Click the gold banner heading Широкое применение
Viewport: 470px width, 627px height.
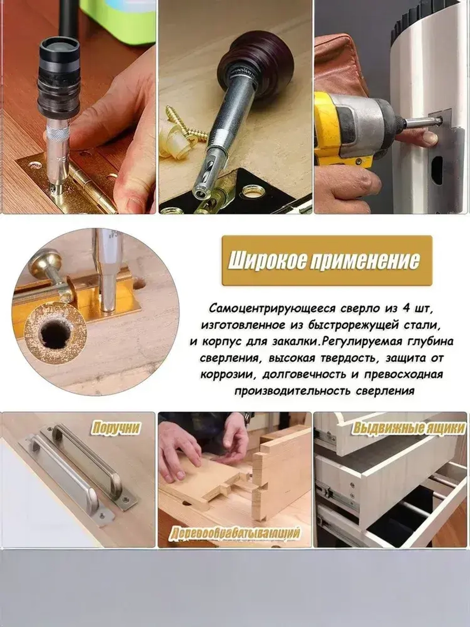pos(326,261)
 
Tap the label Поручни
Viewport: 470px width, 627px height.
pos(116,428)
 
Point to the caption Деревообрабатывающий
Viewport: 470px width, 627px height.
pos(235,533)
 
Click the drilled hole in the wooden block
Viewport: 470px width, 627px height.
pos(55,333)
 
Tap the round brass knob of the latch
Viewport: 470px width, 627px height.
pos(41,263)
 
